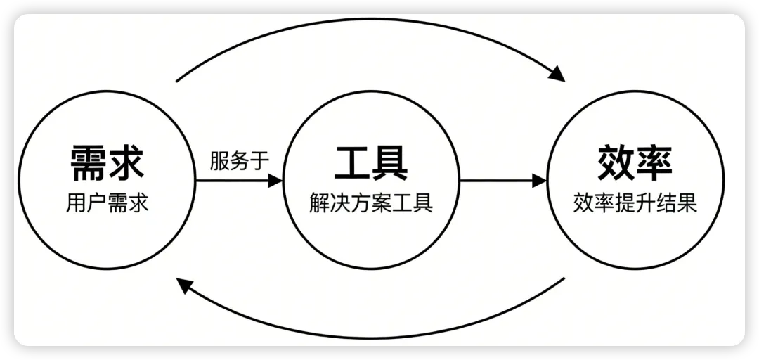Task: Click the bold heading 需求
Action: tap(108, 162)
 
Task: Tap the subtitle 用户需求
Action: tap(108, 203)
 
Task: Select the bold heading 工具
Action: tap(371, 162)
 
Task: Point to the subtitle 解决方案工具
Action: tap(371, 203)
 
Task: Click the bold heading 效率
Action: tap(635, 162)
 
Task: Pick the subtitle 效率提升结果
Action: tap(635, 203)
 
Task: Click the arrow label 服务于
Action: tap(240, 160)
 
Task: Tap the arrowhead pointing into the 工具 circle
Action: tap(275, 181)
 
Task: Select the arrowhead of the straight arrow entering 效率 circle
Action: tap(539, 181)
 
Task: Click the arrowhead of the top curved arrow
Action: tap(557, 73)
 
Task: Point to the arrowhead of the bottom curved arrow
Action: tap(184, 285)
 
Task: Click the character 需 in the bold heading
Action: tap(89, 162)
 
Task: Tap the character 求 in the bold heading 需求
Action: tap(126, 162)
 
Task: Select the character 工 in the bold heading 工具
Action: tap(352, 162)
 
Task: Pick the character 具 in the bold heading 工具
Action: tap(390, 162)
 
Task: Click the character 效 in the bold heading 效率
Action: tap(616, 162)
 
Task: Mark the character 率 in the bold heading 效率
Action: tap(654, 162)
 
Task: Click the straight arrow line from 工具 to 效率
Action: tap(499, 181)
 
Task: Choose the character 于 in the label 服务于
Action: tap(260, 160)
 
